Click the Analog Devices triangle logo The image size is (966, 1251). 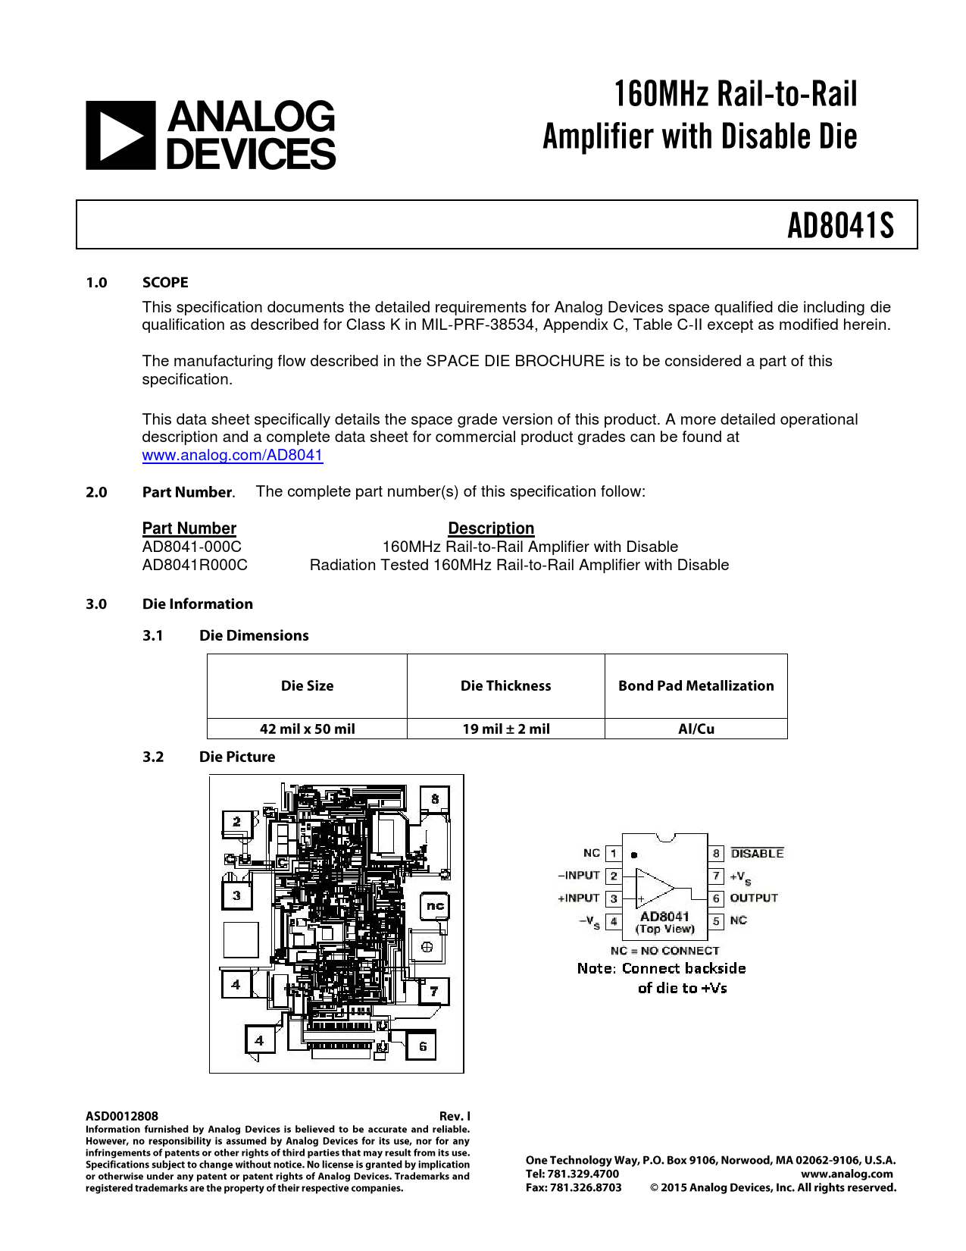coord(120,135)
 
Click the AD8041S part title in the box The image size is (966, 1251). coord(840,225)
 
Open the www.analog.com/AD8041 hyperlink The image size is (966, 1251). coord(233,455)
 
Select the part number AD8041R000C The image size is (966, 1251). coord(195,565)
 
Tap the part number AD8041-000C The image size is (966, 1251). coord(192,547)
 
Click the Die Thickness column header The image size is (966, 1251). coord(505,685)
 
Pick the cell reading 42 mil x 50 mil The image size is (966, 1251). coord(307,729)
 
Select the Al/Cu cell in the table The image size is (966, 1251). coord(696,729)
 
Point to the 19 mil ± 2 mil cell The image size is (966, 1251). coord(505,729)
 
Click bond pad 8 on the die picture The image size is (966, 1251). coord(435,799)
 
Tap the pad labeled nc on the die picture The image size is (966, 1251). coord(435,905)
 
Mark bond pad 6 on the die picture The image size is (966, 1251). coord(422,1046)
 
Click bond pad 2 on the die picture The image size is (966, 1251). coord(236,822)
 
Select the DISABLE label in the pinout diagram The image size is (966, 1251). coord(757,854)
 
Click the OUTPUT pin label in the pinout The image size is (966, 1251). coord(754,898)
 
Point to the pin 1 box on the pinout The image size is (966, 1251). coord(614,854)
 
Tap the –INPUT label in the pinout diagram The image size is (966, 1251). coord(579,876)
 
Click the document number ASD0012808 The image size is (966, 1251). coord(122,1116)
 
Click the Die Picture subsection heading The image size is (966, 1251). coord(237,757)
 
